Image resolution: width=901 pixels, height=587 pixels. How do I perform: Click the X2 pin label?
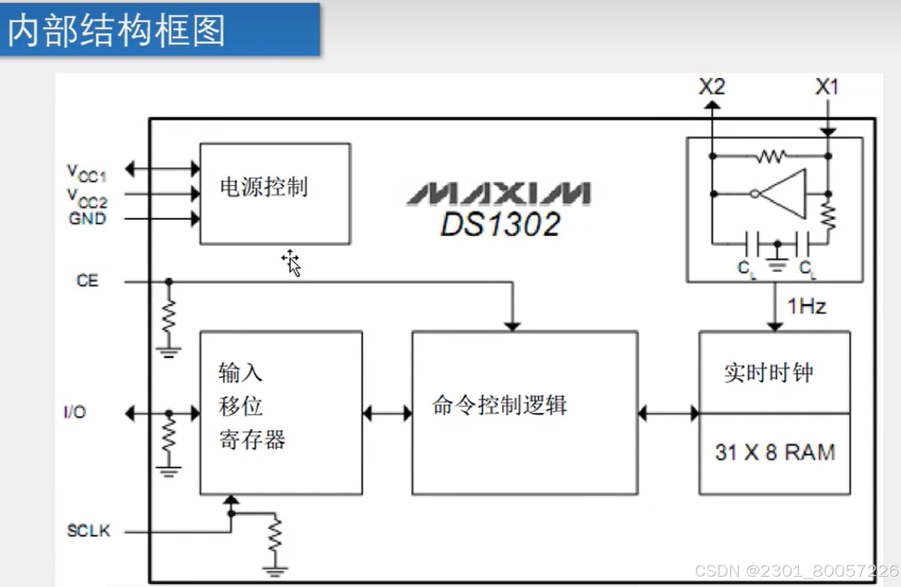[711, 87]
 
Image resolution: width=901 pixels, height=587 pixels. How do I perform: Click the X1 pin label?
[827, 87]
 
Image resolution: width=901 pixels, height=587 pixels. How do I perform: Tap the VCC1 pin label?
[86, 173]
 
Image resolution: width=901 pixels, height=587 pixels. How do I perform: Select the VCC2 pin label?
[87, 199]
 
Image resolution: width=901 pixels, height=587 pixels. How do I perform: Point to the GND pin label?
[87, 219]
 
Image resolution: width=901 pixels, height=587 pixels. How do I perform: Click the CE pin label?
[87, 281]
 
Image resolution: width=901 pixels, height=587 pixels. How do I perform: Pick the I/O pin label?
[75, 412]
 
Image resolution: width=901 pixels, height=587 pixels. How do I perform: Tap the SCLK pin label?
[89, 531]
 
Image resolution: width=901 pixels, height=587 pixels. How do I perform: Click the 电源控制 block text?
[264, 187]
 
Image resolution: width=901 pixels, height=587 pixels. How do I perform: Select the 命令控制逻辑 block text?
[500, 405]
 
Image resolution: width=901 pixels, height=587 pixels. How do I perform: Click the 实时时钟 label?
[768, 373]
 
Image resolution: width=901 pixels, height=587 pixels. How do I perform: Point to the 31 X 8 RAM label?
[775, 452]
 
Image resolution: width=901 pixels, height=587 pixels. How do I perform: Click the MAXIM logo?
[499, 194]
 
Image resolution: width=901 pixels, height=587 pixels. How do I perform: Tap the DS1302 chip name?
[500, 224]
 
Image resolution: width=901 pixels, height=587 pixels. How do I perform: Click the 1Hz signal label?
[807, 307]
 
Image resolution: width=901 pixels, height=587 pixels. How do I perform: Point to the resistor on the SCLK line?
[275, 535]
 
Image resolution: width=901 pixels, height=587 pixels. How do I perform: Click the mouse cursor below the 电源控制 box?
[292, 263]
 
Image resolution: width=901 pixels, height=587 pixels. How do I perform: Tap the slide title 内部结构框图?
[117, 30]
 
